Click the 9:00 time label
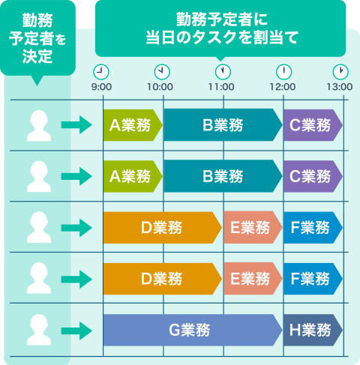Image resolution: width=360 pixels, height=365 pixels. point(101,87)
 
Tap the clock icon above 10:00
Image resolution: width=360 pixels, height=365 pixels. point(162,72)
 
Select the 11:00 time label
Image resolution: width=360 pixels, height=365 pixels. point(221,87)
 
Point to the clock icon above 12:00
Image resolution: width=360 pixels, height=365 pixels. point(283,72)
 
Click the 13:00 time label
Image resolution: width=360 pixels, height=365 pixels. point(340,87)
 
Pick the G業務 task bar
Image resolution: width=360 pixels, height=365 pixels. point(193,330)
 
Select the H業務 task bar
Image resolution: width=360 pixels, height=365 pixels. point(313,330)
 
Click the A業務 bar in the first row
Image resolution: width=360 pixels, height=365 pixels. point(133,125)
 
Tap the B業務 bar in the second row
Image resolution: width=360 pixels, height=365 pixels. point(223,176)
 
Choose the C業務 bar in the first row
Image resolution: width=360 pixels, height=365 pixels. point(313,125)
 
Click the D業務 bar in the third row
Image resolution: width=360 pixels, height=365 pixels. point(163,228)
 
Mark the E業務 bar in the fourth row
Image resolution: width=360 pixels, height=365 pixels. point(253,279)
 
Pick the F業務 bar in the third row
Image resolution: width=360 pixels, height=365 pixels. point(313,228)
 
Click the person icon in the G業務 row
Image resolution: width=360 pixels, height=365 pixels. point(39,330)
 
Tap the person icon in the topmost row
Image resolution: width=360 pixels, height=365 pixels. point(39,126)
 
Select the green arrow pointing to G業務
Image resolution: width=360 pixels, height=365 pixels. point(76,331)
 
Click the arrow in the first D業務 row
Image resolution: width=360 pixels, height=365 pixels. point(76,228)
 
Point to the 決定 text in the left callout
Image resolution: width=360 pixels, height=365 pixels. point(37,56)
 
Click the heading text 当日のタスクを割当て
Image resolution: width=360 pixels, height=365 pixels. point(222,37)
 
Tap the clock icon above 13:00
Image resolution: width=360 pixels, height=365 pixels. point(340,72)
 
